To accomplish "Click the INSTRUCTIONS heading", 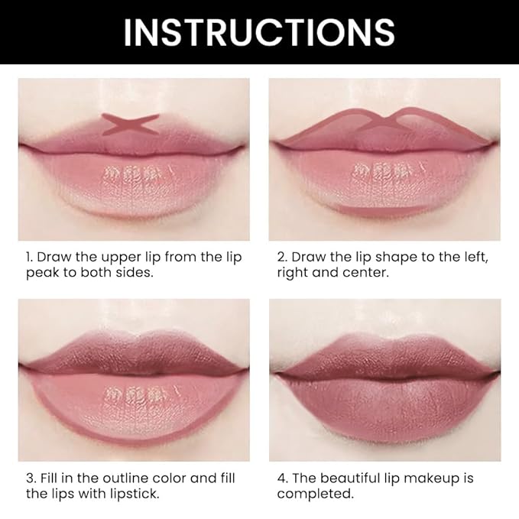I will click(x=259, y=32).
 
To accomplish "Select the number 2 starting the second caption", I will click(x=281, y=257).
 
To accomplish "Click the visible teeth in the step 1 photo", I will click(x=131, y=176).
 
